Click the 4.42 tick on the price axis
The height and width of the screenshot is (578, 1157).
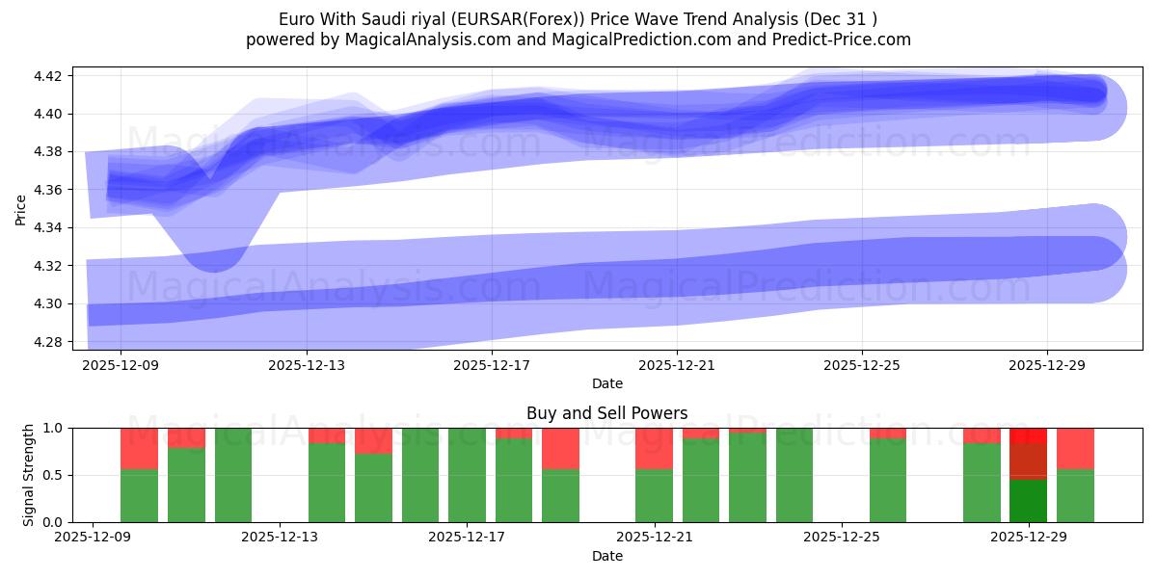pos(47,76)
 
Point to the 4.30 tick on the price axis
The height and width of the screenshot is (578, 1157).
pos(47,304)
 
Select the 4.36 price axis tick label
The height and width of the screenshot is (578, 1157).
pos(47,190)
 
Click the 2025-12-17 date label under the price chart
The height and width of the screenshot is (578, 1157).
pos(492,365)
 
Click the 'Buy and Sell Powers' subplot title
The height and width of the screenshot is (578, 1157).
pos(606,413)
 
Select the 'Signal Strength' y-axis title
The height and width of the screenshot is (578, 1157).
pos(29,475)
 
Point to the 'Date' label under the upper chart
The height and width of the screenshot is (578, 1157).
pos(606,383)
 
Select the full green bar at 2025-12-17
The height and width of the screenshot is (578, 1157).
pos(467,475)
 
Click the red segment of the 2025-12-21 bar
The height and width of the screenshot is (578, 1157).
pos(654,448)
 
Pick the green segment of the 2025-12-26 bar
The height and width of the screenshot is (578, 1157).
pos(888,481)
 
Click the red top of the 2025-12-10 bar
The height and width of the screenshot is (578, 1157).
pos(139,448)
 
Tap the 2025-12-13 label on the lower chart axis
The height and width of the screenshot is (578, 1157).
pos(280,538)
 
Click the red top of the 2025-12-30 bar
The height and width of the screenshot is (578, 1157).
pos(1075,448)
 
